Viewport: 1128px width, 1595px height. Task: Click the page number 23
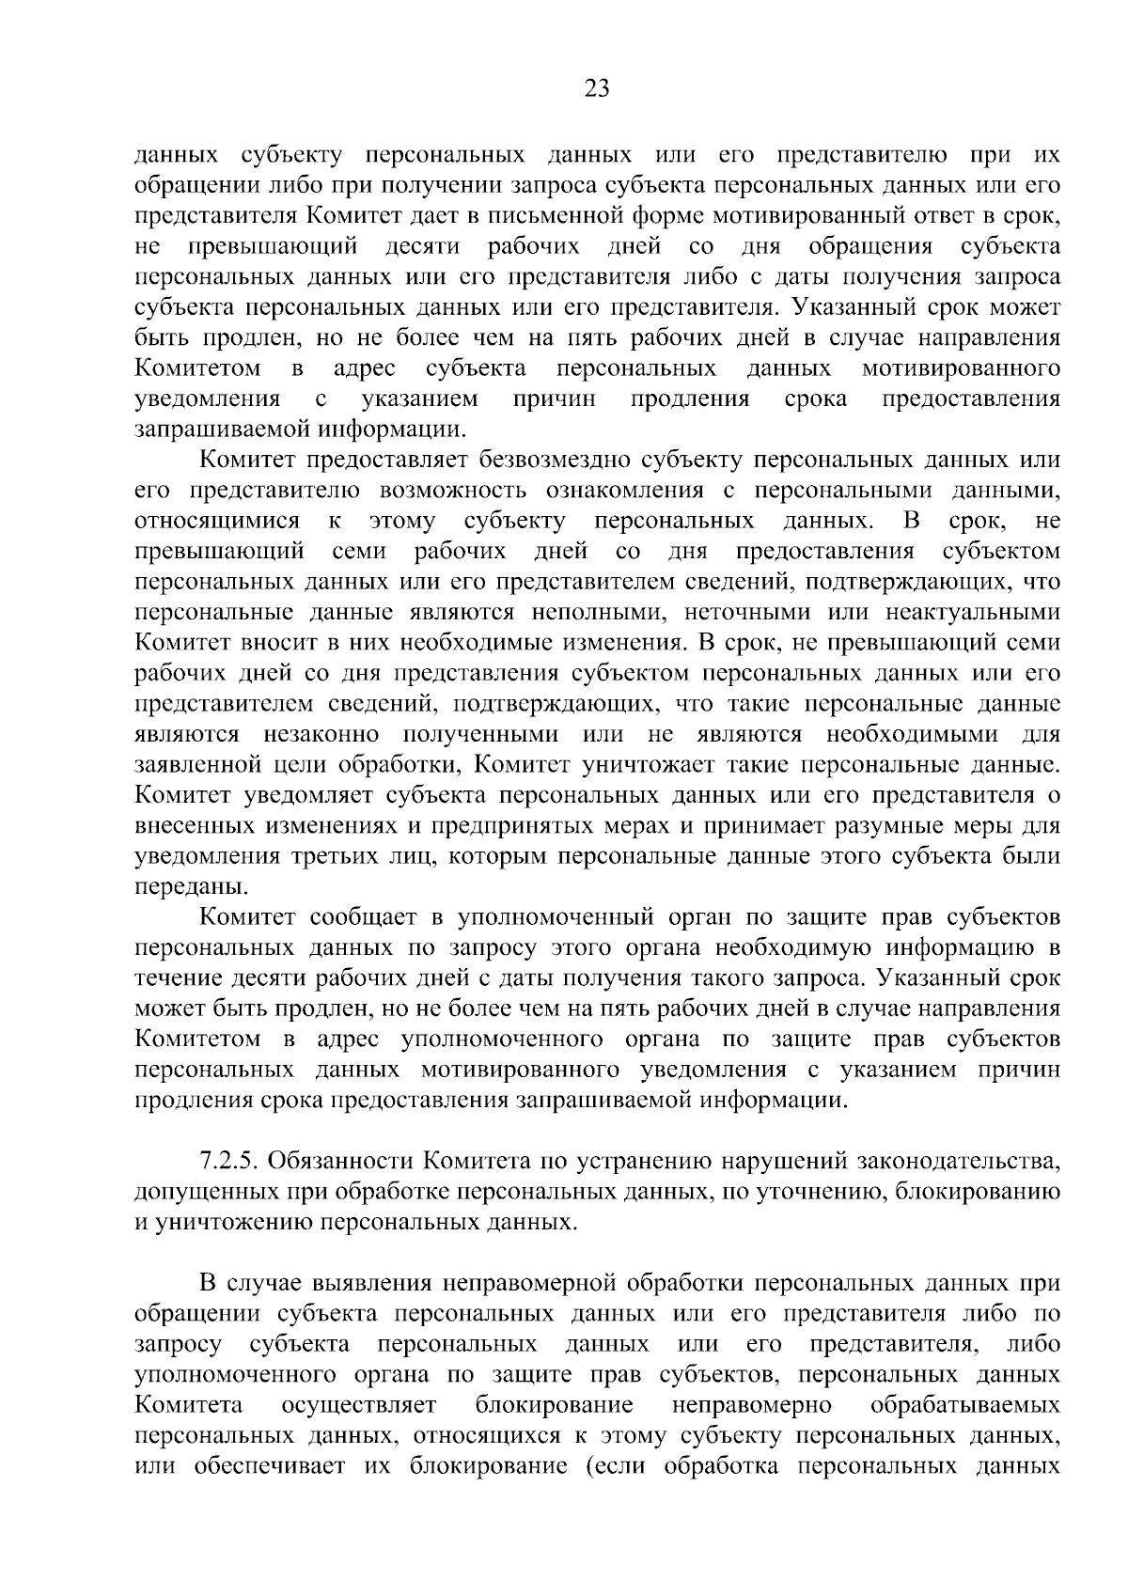click(x=596, y=88)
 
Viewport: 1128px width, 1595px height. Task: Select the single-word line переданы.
click(x=180, y=886)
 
